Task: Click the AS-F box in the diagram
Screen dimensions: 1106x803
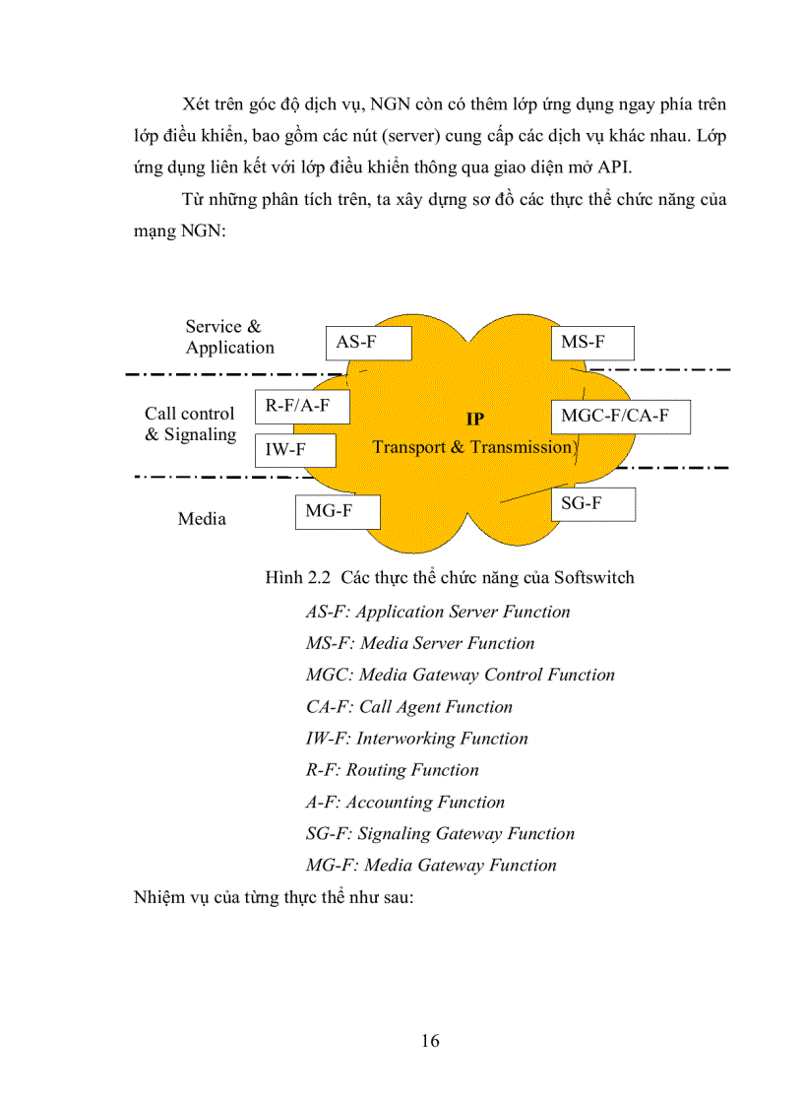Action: tap(367, 343)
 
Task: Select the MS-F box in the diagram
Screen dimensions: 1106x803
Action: tap(591, 343)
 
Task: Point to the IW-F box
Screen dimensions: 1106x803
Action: tap(294, 450)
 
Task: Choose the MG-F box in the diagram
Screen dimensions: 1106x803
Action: tap(338, 512)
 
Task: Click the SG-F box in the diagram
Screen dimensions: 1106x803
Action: tap(591, 504)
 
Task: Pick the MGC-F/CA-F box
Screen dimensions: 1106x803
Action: tap(620, 417)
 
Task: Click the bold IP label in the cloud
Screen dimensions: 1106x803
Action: tap(474, 420)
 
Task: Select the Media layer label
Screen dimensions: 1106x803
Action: tap(202, 519)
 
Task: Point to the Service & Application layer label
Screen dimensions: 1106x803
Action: tap(228, 337)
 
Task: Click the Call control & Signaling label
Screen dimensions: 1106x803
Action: tap(190, 424)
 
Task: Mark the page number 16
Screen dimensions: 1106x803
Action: tap(430, 1041)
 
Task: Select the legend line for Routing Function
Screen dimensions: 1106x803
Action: tap(392, 770)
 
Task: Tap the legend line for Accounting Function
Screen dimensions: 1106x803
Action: tap(404, 802)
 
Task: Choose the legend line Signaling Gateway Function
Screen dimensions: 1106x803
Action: tap(440, 834)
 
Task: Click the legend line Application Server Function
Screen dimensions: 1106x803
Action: tap(438, 612)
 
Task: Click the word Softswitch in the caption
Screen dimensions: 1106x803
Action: tap(593, 577)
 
